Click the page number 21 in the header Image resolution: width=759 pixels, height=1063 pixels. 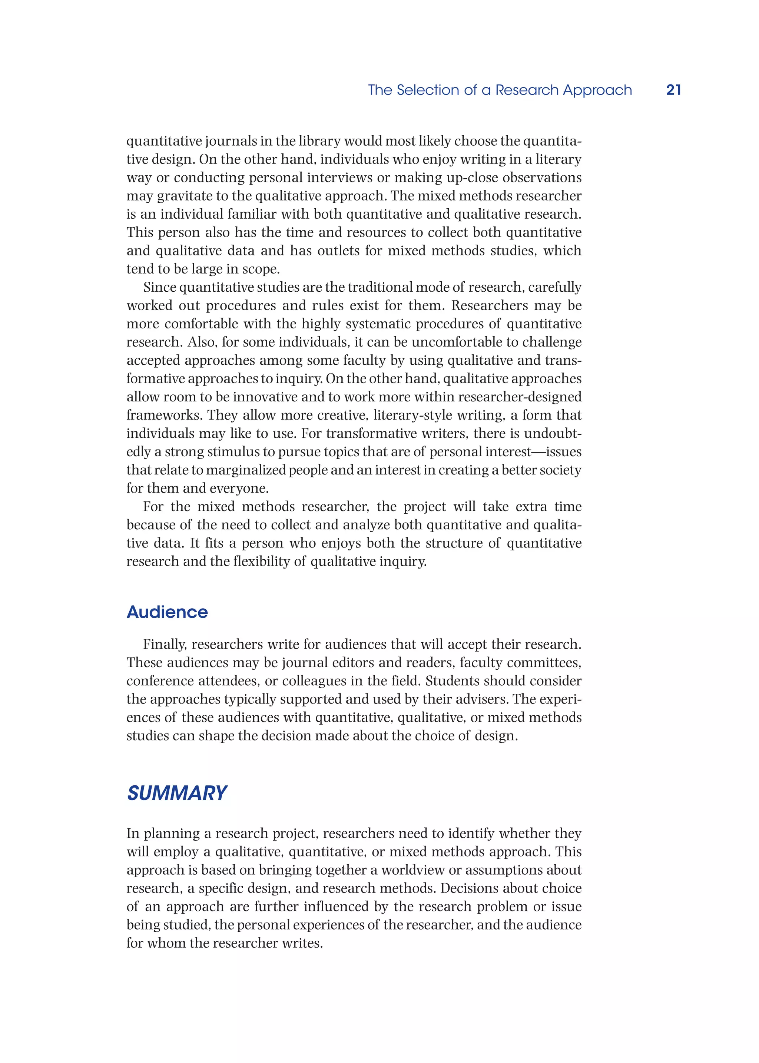pyautogui.click(x=673, y=90)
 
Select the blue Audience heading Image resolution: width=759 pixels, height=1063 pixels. pyautogui.click(x=167, y=612)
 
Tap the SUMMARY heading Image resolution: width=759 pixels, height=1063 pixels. pyautogui.click(x=177, y=793)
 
